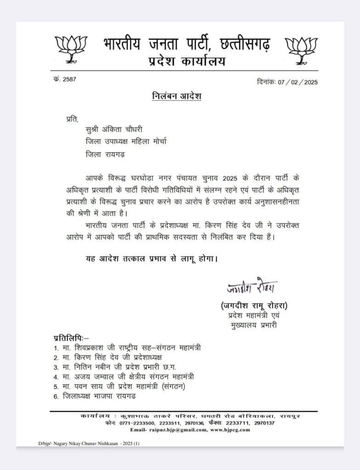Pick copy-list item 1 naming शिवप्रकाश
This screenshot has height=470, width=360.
tap(133, 347)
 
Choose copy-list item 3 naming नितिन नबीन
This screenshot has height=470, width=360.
tap(122, 367)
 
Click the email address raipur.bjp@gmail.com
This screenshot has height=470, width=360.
tap(170, 430)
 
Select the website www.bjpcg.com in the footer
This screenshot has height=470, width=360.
tap(230, 430)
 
